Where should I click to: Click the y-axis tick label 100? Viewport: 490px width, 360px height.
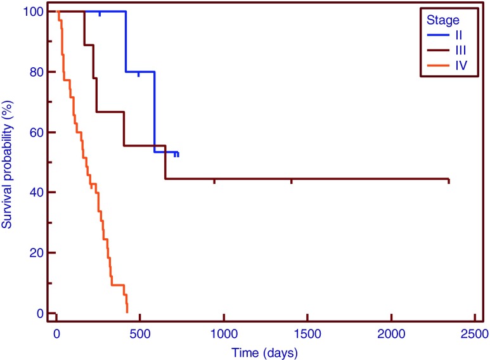[x=35, y=12]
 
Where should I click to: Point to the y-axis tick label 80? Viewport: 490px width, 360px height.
[x=38, y=72]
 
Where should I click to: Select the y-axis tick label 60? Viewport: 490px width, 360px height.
[x=38, y=132]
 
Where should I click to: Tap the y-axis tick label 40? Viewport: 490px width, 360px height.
[x=38, y=193]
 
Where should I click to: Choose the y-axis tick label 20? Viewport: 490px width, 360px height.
[x=38, y=253]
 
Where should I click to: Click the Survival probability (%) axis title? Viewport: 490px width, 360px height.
[x=8, y=162]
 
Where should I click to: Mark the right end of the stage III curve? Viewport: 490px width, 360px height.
[x=448, y=180]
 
